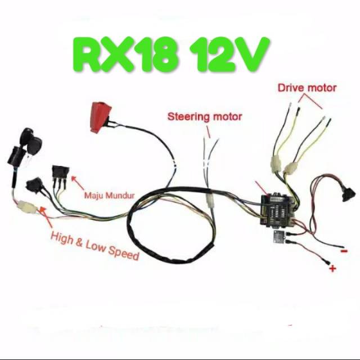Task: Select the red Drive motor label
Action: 307,88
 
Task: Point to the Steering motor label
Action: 205,117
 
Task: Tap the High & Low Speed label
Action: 94,245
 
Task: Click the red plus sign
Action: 332,269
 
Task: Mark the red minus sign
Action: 343,251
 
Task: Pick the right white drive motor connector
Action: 292,167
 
